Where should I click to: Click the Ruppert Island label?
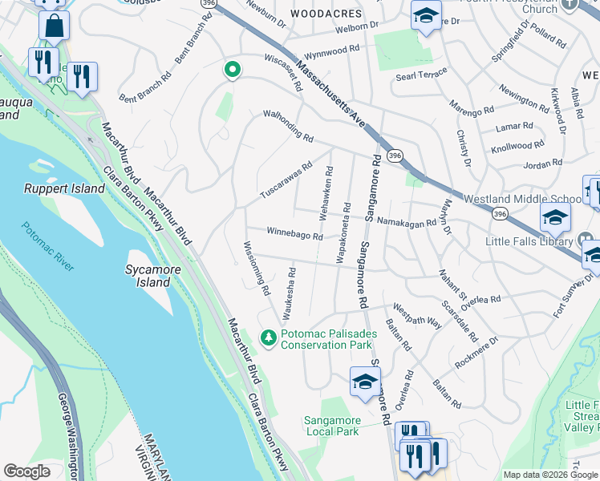pos(64,188)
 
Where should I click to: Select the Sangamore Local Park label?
pos(343,426)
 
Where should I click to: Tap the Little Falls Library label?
pos(529,240)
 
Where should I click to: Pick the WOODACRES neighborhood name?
pos(326,14)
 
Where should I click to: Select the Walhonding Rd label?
pos(288,127)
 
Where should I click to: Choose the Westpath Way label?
pos(416,314)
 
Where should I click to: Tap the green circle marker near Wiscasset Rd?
pos(232,71)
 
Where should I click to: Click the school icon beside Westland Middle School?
pos(555,216)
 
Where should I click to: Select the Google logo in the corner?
pos(26,471)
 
